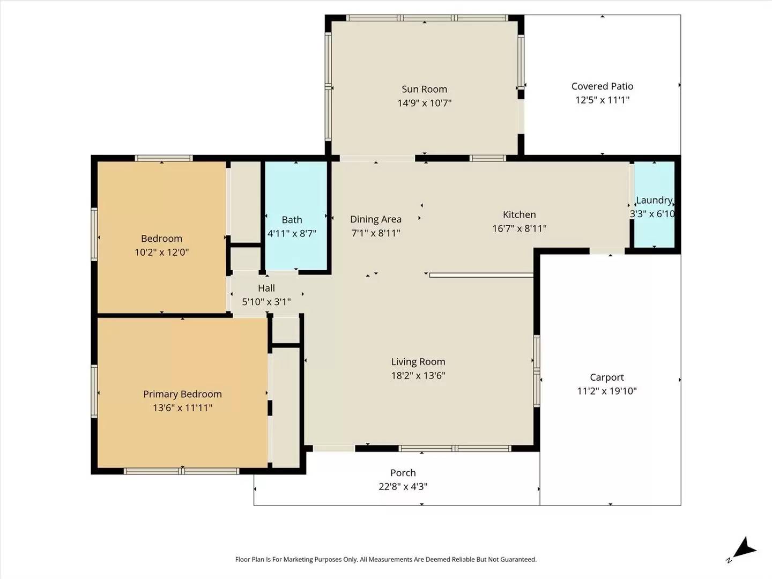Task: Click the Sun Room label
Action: pyautogui.click(x=424, y=90)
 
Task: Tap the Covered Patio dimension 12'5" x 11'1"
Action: pyautogui.click(x=602, y=100)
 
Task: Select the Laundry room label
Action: pyautogui.click(x=654, y=200)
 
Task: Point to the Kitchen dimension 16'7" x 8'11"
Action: pyautogui.click(x=519, y=228)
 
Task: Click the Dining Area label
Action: pyautogui.click(x=375, y=219)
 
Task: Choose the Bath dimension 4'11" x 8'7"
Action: pyautogui.click(x=292, y=234)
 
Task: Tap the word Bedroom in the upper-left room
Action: pyautogui.click(x=161, y=239)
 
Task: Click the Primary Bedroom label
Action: pyautogui.click(x=182, y=394)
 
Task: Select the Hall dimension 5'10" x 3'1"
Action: pyautogui.click(x=266, y=302)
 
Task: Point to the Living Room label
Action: pyautogui.click(x=418, y=362)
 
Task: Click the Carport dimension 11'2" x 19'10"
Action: pyautogui.click(x=606, y=391)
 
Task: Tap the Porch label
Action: pyautogui.click(x=403, y=473)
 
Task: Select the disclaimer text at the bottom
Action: pyautogui.click(x=385, y=559)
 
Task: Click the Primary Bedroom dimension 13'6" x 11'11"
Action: pyautogui.click(x=182, y=408)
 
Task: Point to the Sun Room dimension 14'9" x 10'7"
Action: pyautogui.click(x=424, y=103)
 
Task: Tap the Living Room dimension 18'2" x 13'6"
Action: pyautogui.click(x=418, y=376)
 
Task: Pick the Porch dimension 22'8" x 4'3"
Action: pyautogui.click(x=403, y=487)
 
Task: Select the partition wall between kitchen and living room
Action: pyautogui.click(x=481, y=275)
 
